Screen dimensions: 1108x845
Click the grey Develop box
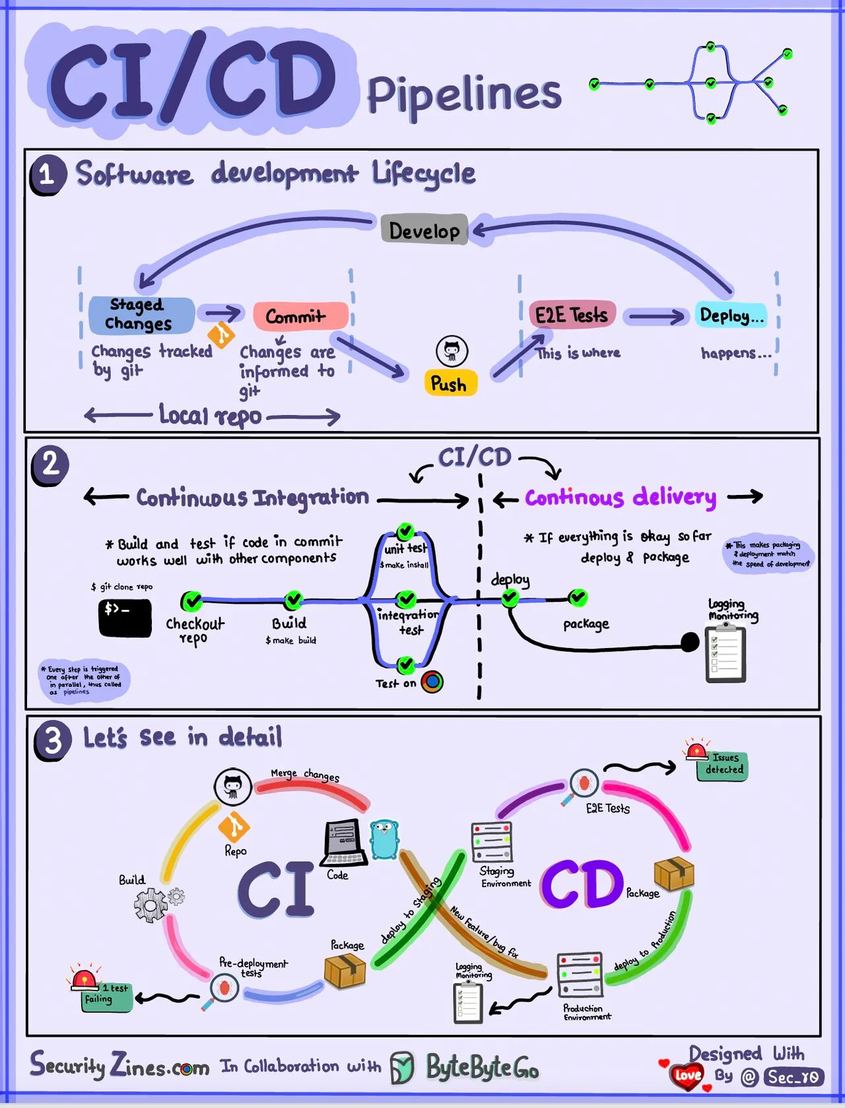tap(424, 230)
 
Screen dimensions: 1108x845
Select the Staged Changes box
tap(141, 315)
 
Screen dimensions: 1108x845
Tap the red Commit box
tap(300, 316)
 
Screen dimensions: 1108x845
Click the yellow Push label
tap(450, 383)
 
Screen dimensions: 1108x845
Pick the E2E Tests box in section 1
tap(572, 315)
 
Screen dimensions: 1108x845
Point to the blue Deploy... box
tap(731, 315)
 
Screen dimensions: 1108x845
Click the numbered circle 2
tap(50, 464)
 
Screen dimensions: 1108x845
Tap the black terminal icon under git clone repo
tap(125, 617)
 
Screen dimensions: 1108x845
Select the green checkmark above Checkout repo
tap(191, 601)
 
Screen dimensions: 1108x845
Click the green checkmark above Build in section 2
tap(293, 600)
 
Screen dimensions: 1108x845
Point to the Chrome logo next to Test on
tap(432, 682)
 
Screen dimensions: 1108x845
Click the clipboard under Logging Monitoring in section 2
tap(726, 653)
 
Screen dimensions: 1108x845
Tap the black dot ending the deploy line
tap(690, 641)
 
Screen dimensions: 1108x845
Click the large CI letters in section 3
tap(275, 888)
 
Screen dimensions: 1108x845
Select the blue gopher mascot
tap(384, 839)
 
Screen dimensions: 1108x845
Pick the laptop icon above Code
tap(344, 842)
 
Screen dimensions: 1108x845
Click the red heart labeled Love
tap(687, 1075)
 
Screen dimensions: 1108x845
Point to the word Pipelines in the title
tap(463, 94)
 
